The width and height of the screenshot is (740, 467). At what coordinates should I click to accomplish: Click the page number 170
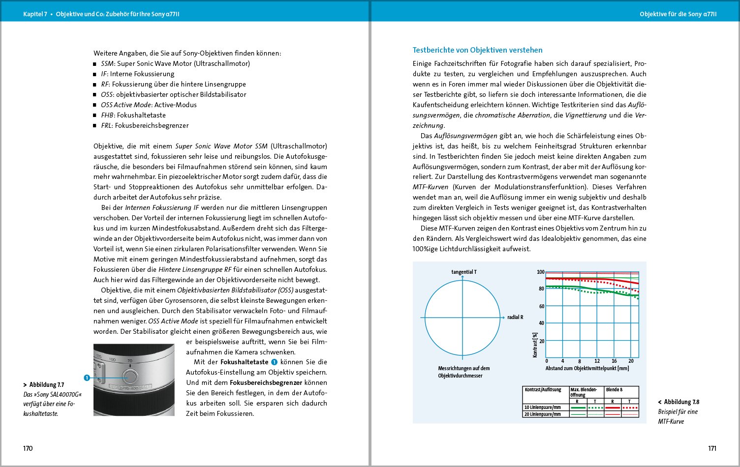[x=28, y=448]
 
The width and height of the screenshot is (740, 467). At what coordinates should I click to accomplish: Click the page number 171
[x=712, y=448]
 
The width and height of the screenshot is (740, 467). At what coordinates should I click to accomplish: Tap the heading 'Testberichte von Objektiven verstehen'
[x=477, y=50]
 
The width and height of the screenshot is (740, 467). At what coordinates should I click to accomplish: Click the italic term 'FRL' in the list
[x=106, y=125]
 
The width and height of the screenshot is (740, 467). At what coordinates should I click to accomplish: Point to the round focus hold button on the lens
[x=130, y=377]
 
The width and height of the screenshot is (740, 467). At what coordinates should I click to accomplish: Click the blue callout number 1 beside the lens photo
[x=87, y=378]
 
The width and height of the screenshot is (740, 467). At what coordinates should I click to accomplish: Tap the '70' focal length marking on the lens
[x=130, y=361]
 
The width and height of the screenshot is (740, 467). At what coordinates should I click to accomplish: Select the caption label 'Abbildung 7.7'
[x=46, y=385]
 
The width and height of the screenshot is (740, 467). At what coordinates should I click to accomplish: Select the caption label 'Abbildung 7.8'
[x=681, y=402]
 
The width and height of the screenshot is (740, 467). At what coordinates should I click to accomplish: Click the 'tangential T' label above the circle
[x=463, y=272]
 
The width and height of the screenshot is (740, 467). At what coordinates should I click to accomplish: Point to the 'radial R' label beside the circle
[x=515, y=318]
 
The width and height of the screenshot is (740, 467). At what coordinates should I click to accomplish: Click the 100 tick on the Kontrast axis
[x=541, y=272]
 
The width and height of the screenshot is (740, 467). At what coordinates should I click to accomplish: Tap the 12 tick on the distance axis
[x=597, y=361]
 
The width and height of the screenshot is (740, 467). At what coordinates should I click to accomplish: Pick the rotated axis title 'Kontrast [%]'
[x=535, y=344]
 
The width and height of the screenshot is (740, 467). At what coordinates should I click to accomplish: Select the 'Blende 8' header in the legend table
[x=614, y=389]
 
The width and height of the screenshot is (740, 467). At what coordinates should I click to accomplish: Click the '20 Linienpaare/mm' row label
[x=542, y=414]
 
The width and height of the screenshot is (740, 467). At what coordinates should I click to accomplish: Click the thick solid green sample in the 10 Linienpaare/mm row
[x=578, y=408]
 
